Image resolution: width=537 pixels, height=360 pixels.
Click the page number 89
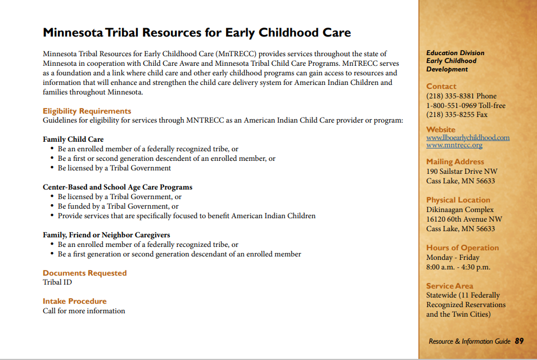point(519,341)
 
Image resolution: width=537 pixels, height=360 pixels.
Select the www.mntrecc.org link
point(454,145)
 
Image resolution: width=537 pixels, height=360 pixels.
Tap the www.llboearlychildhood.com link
point(468,137)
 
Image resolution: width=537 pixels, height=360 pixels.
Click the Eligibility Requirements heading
point(87,111)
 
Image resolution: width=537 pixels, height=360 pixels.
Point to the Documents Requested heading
point(84,273)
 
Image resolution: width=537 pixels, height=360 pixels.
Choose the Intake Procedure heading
point(75,301)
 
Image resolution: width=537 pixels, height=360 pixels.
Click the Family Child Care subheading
point(73,139)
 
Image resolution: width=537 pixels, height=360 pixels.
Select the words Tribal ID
point(57,282)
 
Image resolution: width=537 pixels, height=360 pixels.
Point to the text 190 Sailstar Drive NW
point(462,171)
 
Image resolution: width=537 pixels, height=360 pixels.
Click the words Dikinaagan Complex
point(460,210)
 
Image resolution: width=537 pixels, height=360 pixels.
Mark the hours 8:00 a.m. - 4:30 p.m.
point(458,267)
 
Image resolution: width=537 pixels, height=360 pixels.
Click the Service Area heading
point(450,286)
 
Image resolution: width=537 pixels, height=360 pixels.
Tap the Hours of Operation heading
point(462,247)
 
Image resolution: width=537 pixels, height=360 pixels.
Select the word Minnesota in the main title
point(73,33)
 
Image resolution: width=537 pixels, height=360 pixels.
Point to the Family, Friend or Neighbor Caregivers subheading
point(106,235)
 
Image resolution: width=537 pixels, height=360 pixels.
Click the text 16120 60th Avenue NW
point(464,219)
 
